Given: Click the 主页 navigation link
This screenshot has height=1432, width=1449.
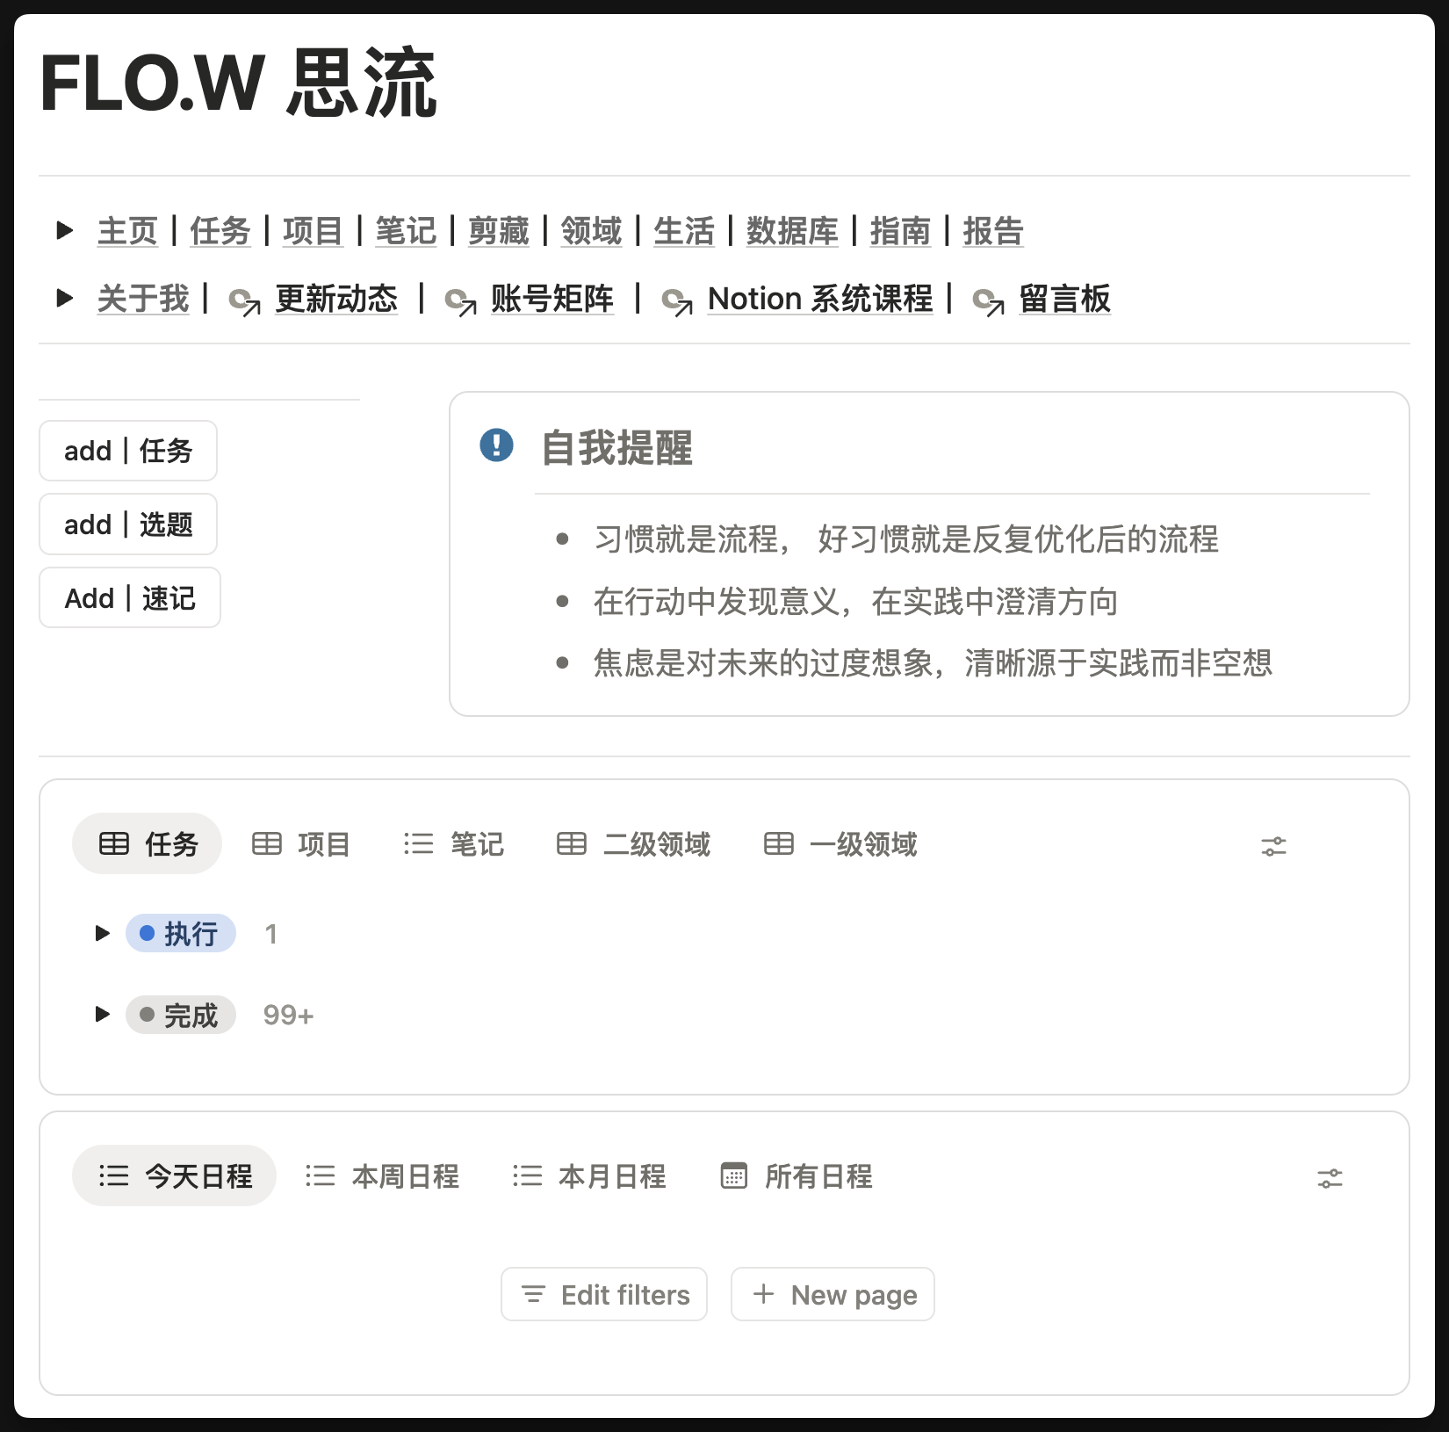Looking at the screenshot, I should [127, 231].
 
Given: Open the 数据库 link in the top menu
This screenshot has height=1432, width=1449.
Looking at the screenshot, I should [792, 231].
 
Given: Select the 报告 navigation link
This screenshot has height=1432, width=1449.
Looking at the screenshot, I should [993, 231].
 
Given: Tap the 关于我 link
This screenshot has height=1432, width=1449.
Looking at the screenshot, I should [143, 299].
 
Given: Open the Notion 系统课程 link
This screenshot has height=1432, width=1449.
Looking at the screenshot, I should [819, 299].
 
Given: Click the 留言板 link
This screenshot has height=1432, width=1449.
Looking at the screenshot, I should [1064, 299].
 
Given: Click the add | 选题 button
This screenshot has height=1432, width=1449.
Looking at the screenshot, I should [128, 524].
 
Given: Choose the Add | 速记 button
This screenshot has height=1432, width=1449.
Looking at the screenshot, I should [130, 598].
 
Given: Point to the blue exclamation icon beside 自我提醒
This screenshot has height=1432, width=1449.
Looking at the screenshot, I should [496, 445].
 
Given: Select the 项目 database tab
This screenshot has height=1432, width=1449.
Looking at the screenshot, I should [301, 844].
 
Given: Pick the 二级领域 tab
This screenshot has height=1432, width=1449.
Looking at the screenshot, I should [633, 844].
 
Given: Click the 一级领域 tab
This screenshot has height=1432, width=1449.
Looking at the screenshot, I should [840, 844].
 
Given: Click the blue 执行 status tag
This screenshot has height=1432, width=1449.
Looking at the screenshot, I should [181, 933].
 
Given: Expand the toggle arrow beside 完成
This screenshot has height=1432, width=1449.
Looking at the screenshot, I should [103, 1015].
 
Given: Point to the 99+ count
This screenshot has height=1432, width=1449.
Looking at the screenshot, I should [288, 1016].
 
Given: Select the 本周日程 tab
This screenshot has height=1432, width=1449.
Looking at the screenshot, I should [383, 1176].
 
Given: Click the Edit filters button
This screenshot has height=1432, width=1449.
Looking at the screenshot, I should [604, 1294].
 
